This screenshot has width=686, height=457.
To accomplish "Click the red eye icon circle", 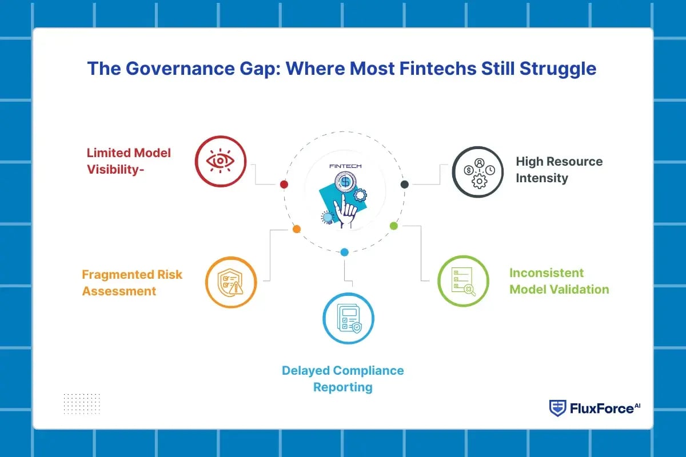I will coord(220,162).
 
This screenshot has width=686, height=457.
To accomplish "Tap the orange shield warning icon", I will coord(231,282).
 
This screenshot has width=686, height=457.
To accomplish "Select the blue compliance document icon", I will coord(348,318).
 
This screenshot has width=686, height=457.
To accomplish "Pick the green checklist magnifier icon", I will coord(463,281).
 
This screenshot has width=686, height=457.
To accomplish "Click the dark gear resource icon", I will coord(477,171).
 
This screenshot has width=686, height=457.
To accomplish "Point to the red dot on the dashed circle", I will coord(284,185).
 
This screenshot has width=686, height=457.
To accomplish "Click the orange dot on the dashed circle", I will coord(296,229).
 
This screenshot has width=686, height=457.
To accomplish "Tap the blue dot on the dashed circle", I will coord(344,252).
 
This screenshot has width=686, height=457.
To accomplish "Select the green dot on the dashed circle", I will coord(393,226).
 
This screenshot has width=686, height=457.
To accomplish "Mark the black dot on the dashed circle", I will coord(405,184).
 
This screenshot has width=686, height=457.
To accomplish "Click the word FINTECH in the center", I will coord(345,166).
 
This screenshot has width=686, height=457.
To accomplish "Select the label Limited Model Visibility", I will coord(129,161).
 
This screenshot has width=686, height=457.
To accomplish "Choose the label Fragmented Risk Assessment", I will coord(132,283).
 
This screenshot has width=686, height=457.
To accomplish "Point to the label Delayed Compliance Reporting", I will coord(342,379).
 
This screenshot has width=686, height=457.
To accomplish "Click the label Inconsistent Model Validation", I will coord(559,281).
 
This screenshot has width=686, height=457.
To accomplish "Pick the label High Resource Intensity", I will coord(559,170).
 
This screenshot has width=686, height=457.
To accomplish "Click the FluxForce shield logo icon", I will coord(557,408).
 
